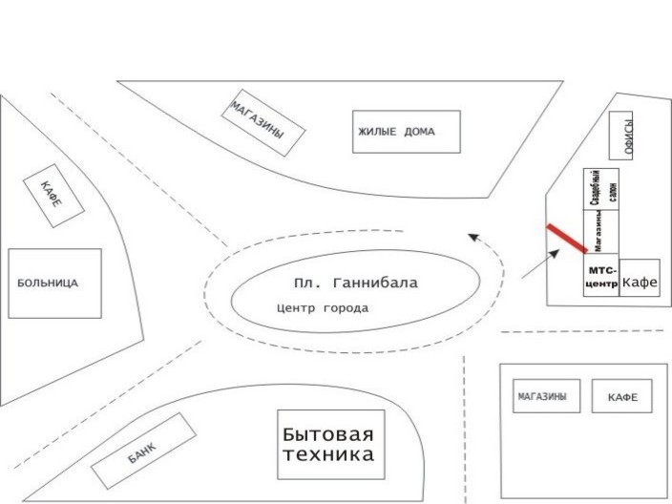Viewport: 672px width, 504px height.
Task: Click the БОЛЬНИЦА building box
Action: [54, 283]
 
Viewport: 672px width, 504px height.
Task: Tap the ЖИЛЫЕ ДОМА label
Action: [396, 132]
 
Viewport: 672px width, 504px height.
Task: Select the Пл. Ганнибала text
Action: [356, 283]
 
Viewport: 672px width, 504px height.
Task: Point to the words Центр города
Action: [323, 308]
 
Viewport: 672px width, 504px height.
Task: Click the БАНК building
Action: [144, 451]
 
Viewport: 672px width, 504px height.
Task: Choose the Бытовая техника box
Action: [331, 445]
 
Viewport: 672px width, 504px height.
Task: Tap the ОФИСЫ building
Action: [621, 136]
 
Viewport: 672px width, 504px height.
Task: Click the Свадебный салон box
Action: [601, 189]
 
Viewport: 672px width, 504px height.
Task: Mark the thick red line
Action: [567, 239]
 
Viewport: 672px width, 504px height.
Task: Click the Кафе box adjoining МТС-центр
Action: [640, 277]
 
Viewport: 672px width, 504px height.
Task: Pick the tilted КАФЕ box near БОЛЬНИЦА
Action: [53, 196]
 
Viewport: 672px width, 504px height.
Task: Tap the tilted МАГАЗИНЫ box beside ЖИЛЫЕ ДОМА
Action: [263, 122]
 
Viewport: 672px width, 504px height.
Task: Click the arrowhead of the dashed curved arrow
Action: [473, 237]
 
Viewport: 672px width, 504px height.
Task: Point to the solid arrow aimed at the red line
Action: [541, 263]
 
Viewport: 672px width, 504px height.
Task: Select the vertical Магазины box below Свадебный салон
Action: [601, 231]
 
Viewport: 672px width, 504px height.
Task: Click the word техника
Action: [328, 454]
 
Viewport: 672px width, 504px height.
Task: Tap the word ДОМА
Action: [420, 132]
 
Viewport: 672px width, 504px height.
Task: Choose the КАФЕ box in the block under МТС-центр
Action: [622, 396]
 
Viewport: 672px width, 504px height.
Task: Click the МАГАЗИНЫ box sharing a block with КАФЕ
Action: [546, 396]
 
